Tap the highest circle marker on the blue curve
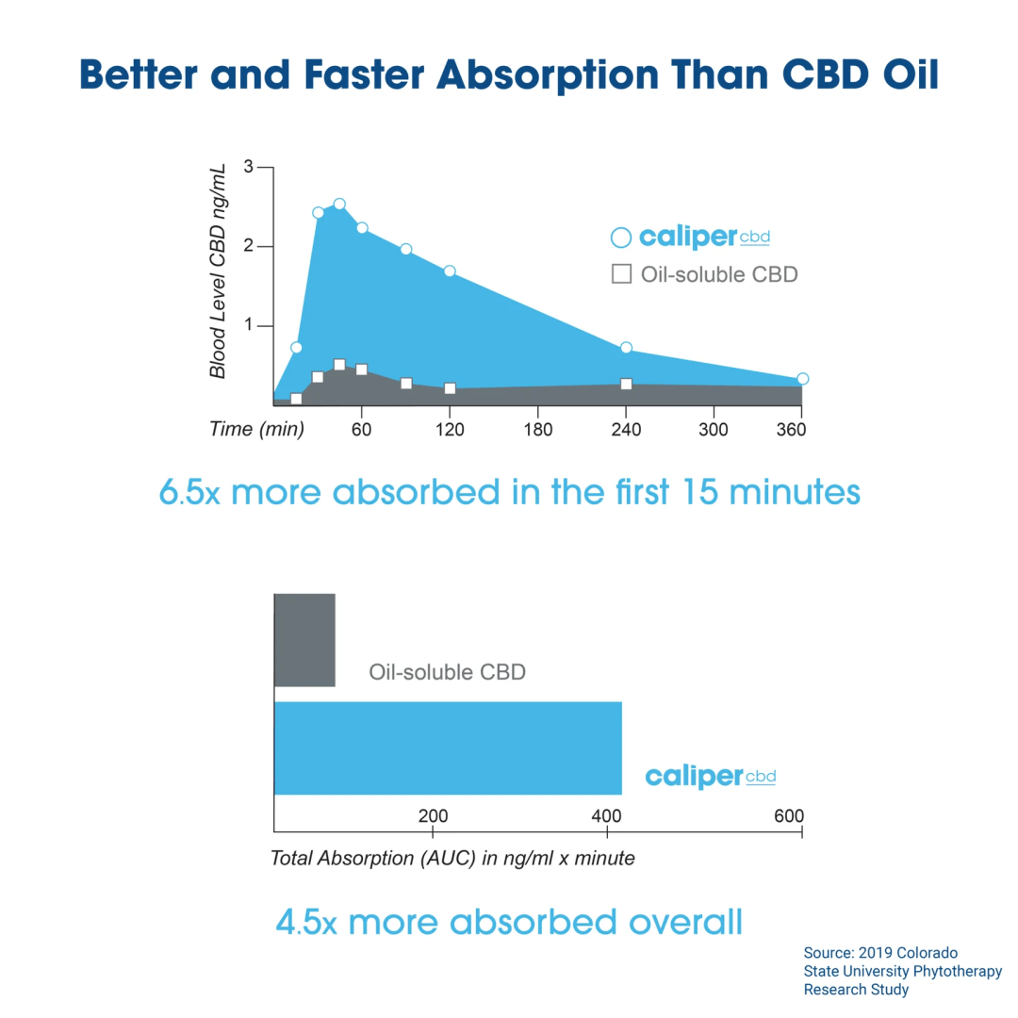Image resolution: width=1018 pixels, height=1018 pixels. pos(339,205)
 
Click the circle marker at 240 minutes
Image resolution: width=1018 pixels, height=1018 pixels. pos(626,348)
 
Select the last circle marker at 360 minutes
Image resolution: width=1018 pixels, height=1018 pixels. pos(802,379)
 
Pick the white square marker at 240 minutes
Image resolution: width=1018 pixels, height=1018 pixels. pos(626,384)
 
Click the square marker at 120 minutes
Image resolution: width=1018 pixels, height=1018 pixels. pos(450,388)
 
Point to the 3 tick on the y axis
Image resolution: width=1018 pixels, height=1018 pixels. pos(249,167)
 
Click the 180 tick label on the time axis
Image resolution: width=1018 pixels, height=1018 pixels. pos(537,430)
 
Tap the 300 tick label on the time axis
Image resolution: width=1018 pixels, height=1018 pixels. pos(714,430)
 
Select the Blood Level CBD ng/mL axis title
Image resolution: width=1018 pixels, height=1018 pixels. pos(219,271)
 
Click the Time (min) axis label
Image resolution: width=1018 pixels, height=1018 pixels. pos(256,430)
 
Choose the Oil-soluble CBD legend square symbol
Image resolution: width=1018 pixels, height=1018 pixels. pos(621,274)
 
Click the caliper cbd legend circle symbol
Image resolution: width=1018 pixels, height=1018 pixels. pos(620,238)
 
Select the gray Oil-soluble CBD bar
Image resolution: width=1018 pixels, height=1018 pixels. pos(304,640)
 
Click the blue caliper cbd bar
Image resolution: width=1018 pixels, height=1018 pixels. pos(448,748)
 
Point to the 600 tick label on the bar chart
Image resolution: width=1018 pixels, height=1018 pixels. pos(789,816)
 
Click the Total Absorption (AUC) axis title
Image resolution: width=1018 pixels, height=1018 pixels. pos(452,859)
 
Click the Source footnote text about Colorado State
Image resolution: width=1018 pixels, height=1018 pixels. pos(902,971)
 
